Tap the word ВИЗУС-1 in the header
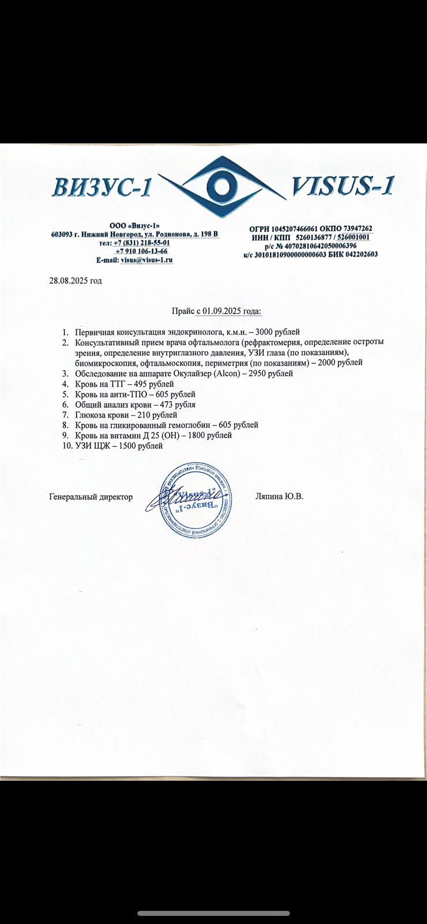click(x=103, y=188)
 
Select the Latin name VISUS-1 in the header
click(x=343, y=186)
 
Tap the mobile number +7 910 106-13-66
click(x=141, y=251)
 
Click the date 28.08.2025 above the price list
click(x=68, y=281)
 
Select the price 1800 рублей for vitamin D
click(x=211, y=435)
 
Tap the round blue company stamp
click(x=196, y=499)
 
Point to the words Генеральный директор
click(x=91, y=497)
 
